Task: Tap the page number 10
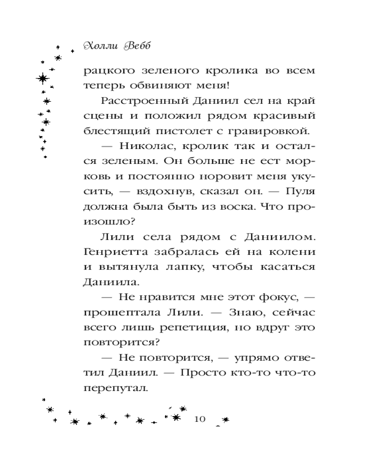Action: (x=199, y=418)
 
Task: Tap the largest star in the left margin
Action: (x=43, y=78)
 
